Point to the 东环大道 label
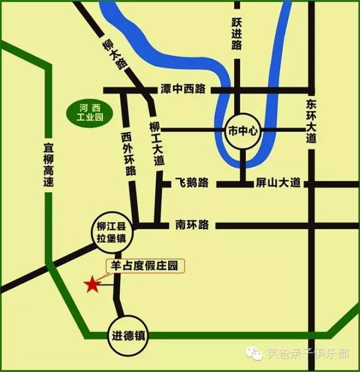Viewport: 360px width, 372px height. [x=312, y=121]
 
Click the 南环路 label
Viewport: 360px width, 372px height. [x=192, y=225]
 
